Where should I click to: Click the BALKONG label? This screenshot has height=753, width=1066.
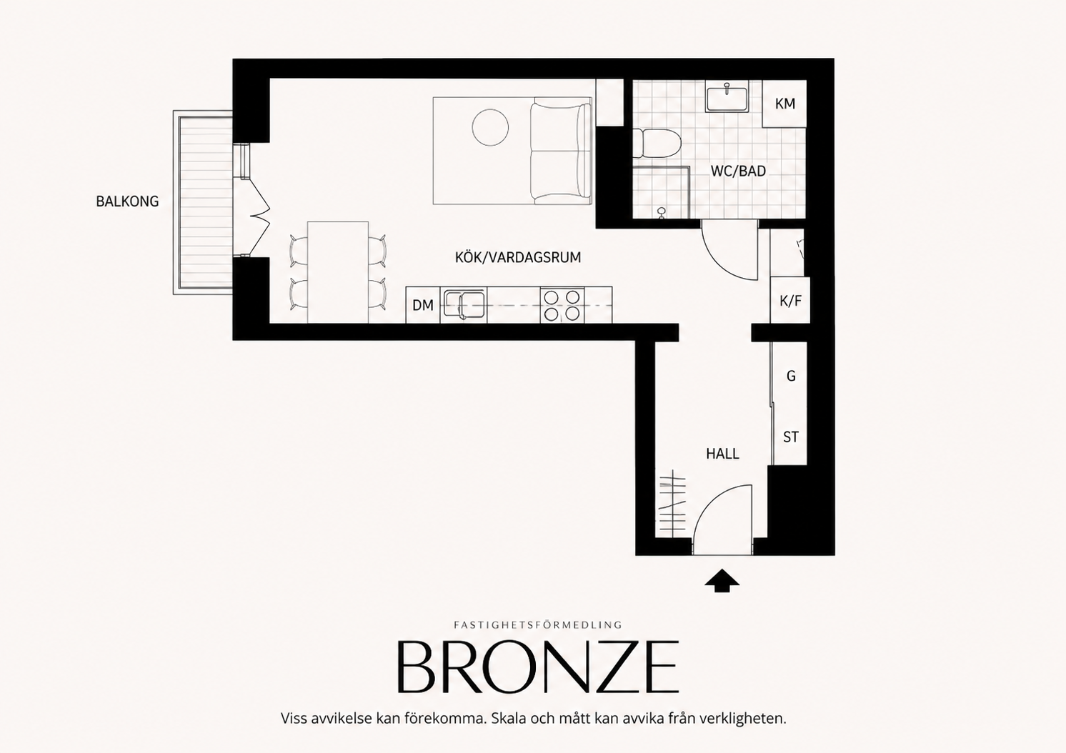[x=127, y=201]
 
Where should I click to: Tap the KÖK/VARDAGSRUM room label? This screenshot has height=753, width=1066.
[x=518, y=257]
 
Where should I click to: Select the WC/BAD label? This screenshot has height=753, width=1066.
[x=738, y=171]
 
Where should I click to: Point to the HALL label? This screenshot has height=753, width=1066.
[x=722, y=454]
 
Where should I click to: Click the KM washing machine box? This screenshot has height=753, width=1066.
[x=784, y=104]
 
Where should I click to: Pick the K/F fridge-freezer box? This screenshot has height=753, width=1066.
[x=790, y=300]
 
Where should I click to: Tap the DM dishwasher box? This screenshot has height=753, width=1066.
[x=422, y=305]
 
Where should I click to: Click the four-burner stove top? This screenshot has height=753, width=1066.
[x=562, y=305]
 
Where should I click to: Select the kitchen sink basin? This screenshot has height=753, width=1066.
[x=464, y=304]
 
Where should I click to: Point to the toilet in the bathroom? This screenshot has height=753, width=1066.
[x=657, y=144]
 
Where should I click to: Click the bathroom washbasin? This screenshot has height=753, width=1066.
[x=727, y=98]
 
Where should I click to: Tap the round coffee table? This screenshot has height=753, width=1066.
[x=490, y=128]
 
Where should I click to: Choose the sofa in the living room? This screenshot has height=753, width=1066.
[x=561, y=151]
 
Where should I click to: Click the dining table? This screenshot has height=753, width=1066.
[x=338, y=272]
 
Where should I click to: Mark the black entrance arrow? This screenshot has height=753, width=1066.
[x=722, y=580]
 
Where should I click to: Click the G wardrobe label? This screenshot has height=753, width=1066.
[x=791, y=376]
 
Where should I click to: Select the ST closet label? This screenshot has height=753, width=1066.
[x=790, y=437]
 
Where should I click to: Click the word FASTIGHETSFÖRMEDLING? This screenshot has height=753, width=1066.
[x=538, y=625]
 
